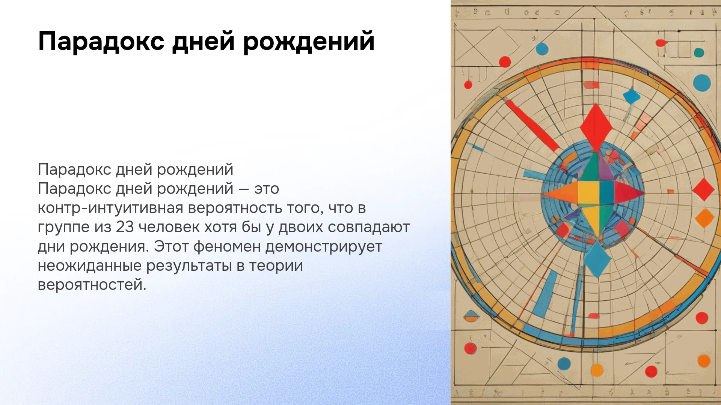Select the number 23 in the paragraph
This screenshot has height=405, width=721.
click(125, 227)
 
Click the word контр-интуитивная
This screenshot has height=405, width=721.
click(110, 208)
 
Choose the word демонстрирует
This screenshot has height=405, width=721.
click(324, 247)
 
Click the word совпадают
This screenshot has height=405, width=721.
click(369, 227)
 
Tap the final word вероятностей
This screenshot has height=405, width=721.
click(92, 285)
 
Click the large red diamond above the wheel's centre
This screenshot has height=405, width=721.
click(596, 127)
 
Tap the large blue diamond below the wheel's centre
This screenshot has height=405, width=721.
click(597, 259)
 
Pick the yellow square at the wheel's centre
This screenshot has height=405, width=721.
click(588, 193)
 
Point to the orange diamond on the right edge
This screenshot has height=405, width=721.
click(704, 218)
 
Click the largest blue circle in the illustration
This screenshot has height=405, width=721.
click(702, 83)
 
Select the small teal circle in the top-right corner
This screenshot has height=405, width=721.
click(699, 52)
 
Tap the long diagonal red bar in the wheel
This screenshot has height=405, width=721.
click(532, 126)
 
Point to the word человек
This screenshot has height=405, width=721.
click(169, 227)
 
